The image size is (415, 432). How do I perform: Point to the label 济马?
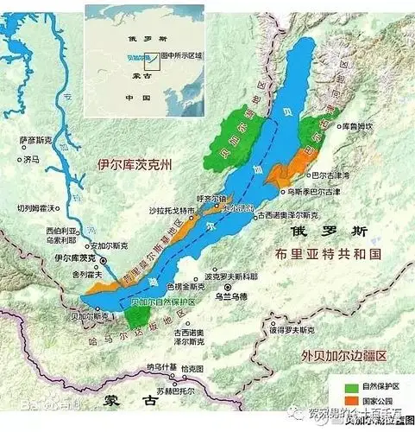(x=31, y=160)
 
